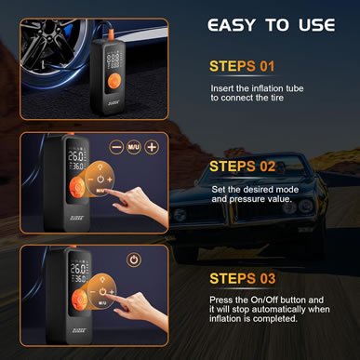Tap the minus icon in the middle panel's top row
[115, 148]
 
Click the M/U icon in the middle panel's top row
[133, 148]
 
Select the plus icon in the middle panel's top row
[152, 148]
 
